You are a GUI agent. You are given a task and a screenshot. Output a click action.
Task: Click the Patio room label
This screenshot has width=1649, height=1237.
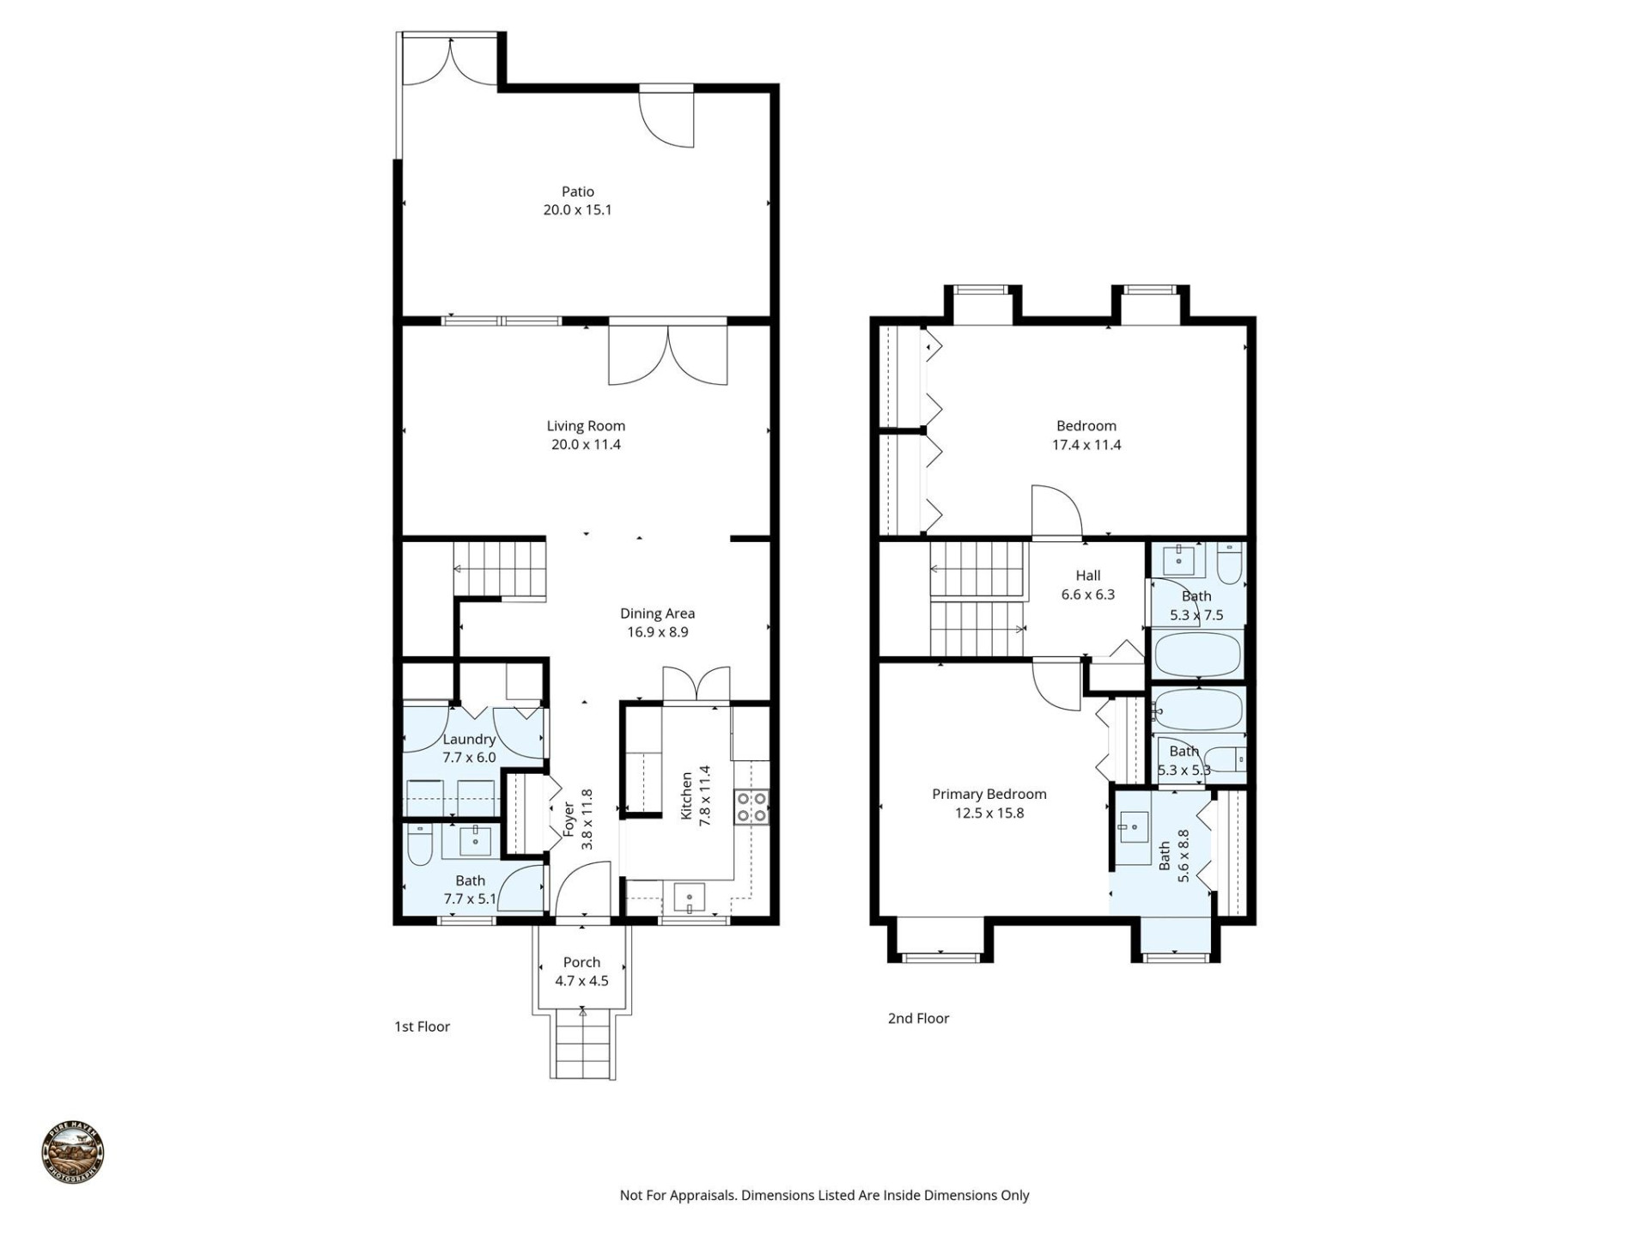click(x=577, y=192)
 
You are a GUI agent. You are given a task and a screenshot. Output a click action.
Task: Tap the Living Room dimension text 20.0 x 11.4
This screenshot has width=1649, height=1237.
click(x=586, y=444)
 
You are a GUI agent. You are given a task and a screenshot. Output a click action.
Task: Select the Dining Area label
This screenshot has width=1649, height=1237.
click(x=657, y=613)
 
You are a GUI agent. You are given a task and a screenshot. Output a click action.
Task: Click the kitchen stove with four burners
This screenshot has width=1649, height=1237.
click(x=751, y=807)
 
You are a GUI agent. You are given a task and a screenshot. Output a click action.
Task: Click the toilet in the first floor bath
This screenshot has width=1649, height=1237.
click(x=419, y=845)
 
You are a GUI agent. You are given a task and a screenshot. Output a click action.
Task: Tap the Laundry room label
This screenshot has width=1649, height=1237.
click(x=469, y=739)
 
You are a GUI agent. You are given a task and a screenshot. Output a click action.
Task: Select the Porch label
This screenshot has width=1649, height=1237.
click(x=581, y=962)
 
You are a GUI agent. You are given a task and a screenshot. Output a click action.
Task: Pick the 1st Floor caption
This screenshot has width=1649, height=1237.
click(x=422, y=1027)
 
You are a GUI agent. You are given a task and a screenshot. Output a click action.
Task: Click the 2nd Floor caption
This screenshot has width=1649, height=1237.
click(x=918, y=1018)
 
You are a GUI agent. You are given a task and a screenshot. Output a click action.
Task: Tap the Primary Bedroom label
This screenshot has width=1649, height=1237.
click(x=989, y=794)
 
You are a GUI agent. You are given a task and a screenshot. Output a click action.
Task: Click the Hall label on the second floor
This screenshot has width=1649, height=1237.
click(x=1087, y=576)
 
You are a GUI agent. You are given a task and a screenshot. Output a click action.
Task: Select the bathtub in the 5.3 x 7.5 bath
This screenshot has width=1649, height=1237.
click(x=1197, y=655)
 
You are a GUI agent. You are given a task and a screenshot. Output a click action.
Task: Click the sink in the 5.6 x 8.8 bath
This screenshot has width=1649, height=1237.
click(x=1134, y=827)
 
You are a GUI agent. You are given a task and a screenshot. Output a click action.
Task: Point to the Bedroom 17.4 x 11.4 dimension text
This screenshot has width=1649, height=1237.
click(x=1086, y=445)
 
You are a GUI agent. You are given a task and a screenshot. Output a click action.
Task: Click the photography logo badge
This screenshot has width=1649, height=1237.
click(x=73, y=1152)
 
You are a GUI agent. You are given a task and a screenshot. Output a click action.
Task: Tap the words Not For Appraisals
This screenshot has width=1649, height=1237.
click(x=678, y=1195)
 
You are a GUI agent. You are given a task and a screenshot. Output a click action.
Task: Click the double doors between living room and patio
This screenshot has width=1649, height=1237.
click(x=667, y=352)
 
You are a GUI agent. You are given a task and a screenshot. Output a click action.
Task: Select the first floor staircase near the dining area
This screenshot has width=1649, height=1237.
click(x=500, y=569)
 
